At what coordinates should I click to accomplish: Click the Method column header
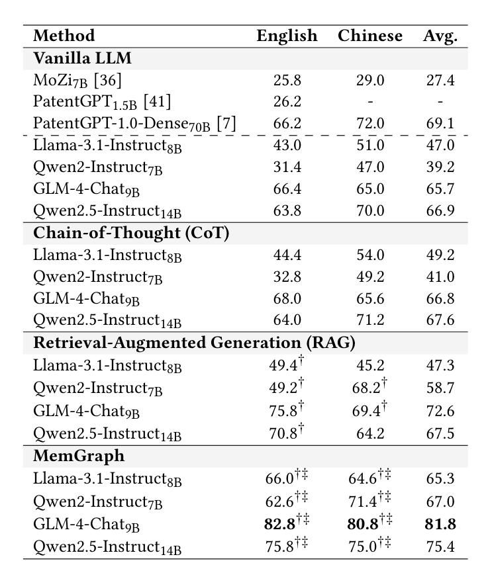64,36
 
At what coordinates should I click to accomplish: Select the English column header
287,36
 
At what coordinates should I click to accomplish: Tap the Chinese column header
369,36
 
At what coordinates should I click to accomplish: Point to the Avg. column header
440,36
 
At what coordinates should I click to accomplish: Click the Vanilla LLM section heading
82,58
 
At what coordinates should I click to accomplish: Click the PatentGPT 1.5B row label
87,102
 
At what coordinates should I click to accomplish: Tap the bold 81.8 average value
440,525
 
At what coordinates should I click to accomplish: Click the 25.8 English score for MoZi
287,81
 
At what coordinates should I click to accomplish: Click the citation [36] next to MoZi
107,81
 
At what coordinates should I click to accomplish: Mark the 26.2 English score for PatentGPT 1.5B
287,102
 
